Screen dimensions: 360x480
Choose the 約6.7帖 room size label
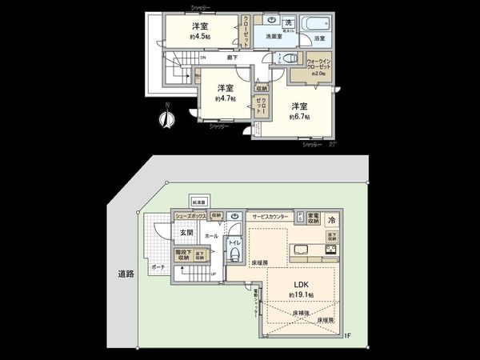(x=299, y=113)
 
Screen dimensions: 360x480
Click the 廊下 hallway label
(x=231, y=58)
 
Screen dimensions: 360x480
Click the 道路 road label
(x=125, y=274)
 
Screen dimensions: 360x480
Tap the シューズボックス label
(x=190, y=216)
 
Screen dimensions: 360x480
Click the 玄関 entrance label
(x=186, y=233)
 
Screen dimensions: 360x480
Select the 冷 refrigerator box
(x=330, y=219)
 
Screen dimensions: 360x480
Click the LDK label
(x=299, y=285)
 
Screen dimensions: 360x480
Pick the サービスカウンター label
(x=271, y=217)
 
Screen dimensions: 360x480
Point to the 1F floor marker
(x=348, y=336)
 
